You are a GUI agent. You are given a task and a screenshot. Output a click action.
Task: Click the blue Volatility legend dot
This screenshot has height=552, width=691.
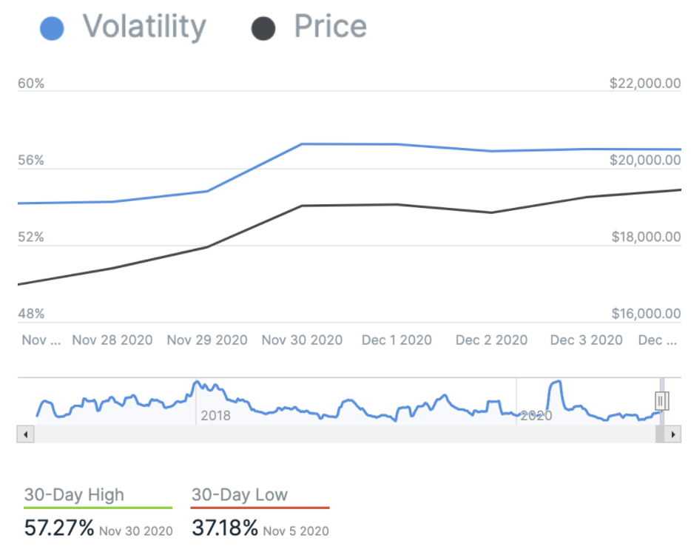tap(51, 29)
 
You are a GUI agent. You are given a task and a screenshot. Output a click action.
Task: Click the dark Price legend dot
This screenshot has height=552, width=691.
tap(263, 29)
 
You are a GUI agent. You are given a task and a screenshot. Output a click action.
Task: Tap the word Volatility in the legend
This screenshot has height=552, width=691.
tap(144, 27)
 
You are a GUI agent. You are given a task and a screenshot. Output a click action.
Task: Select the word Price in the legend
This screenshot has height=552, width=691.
tap(330, 27)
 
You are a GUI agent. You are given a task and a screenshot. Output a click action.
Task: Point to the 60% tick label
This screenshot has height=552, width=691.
tap(31, 84)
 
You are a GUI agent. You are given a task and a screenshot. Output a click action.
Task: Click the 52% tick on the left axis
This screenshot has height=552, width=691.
tap(31, 238)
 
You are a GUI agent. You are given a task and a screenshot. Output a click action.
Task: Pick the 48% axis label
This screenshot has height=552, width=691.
tap(31, 314)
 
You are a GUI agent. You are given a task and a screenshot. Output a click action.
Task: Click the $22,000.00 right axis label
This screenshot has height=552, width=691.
tap(644, 84)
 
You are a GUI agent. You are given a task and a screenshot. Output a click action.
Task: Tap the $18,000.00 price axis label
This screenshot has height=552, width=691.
tap(645, 238)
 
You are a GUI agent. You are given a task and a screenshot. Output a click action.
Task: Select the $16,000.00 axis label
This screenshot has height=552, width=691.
tap(645, 314)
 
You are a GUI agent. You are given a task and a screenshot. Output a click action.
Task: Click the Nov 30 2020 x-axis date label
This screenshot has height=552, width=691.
tap(302, 340)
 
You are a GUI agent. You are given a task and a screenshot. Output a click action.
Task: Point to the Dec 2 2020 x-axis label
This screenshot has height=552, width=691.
tap(491, 340)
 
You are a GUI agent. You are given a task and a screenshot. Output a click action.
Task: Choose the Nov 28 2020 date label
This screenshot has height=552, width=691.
tap(112, 340)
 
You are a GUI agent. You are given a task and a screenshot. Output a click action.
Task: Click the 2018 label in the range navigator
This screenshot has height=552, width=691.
tap(215, 416)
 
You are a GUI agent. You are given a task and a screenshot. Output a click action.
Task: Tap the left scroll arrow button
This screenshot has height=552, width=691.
tap(26, 434)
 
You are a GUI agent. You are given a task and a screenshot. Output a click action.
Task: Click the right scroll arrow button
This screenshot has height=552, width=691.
tap(673, 434)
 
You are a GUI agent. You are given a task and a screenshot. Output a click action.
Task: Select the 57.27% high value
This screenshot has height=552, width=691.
tap(59, 528)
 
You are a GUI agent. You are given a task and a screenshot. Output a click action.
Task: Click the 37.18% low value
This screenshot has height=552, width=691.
tap(225, 528)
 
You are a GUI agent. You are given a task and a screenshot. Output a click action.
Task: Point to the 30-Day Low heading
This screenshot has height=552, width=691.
tap(239, 495)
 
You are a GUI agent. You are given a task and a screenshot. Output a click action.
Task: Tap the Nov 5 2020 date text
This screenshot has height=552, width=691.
tap(296, 531)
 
